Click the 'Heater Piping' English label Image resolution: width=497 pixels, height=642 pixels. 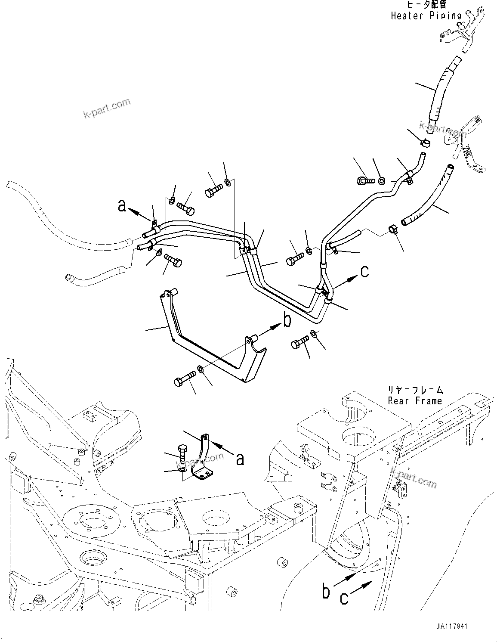tap(426, 16)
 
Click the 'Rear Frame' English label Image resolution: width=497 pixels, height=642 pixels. tap(415, 401)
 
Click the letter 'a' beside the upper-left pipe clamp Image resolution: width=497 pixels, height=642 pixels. tap(123, 207)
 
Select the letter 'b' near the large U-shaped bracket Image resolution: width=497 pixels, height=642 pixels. tap(287, 320)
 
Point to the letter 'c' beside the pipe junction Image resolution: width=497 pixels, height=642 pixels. tap(364, 271)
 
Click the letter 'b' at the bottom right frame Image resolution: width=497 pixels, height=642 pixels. tap(327, 591)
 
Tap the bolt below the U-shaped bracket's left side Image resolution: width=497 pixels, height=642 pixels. tap(183, 379)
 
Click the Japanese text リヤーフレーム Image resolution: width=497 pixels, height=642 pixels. tap(415, 390)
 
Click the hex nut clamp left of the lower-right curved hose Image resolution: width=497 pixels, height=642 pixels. tap(393, 229)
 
